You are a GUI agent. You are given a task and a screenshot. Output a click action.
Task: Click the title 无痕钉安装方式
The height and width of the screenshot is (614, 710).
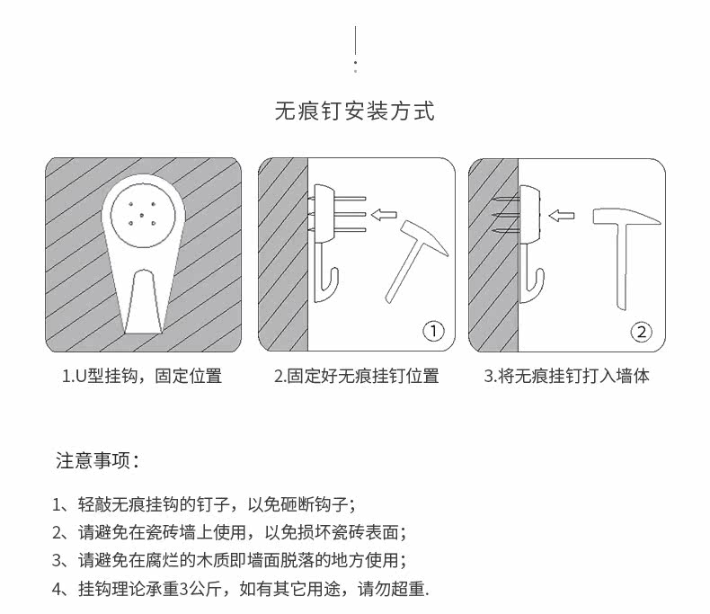[354, 111]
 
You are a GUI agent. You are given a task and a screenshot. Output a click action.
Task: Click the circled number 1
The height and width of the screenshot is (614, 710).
[433, 332]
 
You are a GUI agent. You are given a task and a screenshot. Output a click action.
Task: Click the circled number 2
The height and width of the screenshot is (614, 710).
[640, 332]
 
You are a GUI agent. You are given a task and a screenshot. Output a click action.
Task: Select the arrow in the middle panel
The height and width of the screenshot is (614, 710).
[385, 214]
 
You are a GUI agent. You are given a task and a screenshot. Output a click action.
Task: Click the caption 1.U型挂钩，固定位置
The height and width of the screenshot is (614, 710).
[142, 377]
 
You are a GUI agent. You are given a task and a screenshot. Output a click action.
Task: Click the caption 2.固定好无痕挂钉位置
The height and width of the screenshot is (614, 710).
[356, 377]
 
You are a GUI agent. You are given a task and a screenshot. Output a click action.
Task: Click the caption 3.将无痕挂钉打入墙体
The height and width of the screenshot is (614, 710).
[566, 377]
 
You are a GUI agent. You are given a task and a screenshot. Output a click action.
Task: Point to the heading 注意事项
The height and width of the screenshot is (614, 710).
[97, 461]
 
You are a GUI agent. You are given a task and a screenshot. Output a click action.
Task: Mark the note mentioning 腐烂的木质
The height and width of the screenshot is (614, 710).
[229, 560]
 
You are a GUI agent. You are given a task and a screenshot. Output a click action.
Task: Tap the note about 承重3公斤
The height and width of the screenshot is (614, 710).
[241, 589]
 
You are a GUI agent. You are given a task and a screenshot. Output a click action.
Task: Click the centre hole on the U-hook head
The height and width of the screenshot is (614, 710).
[144, 212]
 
